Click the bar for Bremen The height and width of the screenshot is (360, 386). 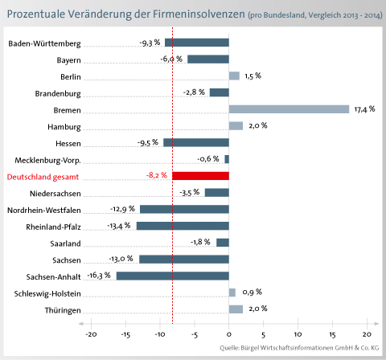(x=289, y=109)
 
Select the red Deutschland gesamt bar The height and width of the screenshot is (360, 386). (x=200, y=176)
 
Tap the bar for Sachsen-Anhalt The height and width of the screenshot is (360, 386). (x=173, y=276)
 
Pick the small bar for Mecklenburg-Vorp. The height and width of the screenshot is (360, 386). (x=227, y=159)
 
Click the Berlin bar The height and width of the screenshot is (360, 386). (x=234, y=76)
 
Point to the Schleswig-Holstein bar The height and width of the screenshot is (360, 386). (x=232, y=292)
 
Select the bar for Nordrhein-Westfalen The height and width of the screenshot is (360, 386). (x=184, y=209)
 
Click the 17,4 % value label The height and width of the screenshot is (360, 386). (x=364, y=109)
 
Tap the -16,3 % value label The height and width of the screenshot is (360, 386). (x=99, y=276)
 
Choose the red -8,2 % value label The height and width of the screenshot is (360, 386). (x=157, y=175)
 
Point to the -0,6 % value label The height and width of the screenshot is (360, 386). (x=208, y=159)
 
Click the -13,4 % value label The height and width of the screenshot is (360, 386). (x=119, y=226)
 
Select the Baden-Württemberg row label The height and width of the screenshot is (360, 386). (x=44, y=43)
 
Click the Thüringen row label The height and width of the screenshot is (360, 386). (x=63, y=310)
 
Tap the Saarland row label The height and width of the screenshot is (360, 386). (x=65, y=243)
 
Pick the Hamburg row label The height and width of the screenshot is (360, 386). (x=64, y=127)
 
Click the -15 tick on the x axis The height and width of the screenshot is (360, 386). (x=125, y=334)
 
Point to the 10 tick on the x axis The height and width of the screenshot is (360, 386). (x=298, y=334)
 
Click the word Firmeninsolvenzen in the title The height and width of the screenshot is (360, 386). (x=199, y=14)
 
